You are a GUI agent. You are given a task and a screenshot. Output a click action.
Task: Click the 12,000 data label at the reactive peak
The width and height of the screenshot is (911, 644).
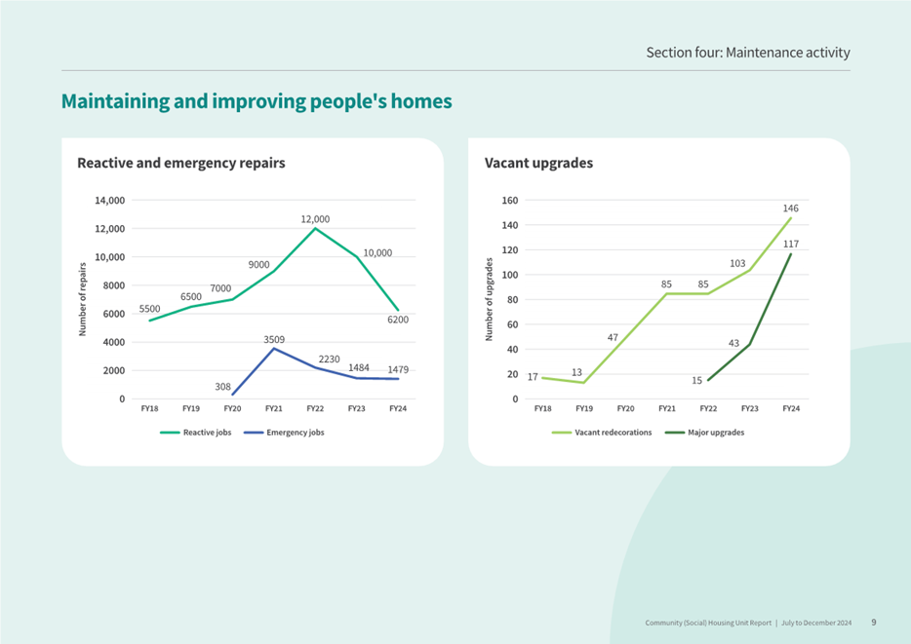pos(315,220)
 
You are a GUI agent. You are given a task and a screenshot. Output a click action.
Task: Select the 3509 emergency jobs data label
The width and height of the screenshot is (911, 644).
pos(273,338)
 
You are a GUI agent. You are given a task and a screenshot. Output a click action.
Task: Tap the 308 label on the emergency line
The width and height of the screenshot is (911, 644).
pos(222,387)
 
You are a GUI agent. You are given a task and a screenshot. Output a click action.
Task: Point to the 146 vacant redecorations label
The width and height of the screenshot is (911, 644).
pos(790,208)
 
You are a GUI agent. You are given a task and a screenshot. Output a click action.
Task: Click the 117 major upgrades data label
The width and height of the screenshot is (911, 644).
pos(790,245)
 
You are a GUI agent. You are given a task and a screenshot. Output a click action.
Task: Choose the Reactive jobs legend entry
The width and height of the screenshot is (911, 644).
pos(196,433)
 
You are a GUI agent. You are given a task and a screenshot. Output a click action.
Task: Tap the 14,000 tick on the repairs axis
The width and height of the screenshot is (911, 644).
pos(109,201)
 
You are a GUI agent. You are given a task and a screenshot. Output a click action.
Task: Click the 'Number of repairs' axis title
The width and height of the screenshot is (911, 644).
pos(83,299)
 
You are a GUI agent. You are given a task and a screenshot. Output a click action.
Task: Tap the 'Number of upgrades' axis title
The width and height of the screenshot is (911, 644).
pos(490,299)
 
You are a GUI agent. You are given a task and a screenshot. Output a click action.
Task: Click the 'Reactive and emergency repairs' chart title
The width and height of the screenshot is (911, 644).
pos(180,164)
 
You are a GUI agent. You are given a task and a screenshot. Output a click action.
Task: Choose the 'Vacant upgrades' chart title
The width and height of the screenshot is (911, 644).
pos(538,164)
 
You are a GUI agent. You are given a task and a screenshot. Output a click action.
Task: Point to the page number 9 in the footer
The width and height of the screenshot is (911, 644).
pos(874,622)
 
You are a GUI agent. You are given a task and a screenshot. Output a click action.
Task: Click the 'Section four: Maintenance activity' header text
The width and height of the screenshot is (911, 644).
pos(747,52)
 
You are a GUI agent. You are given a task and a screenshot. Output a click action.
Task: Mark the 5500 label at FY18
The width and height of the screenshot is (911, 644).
pos(149,309)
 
